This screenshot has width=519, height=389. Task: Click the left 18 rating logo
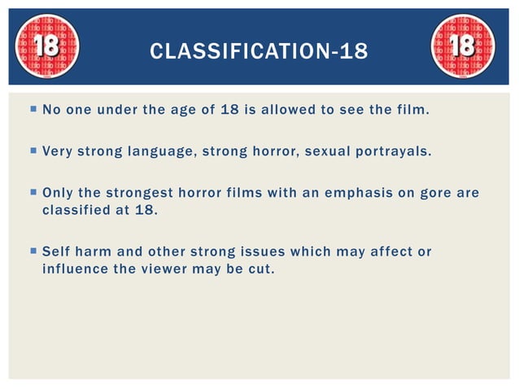47,46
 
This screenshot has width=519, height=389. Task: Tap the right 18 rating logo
462,46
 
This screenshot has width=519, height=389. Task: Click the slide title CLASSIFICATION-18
259,52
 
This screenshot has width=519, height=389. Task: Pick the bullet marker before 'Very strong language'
32,151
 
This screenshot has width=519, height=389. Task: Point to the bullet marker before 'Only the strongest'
32,193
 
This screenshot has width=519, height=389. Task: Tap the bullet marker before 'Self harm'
32,251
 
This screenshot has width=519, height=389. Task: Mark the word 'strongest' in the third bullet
140,193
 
